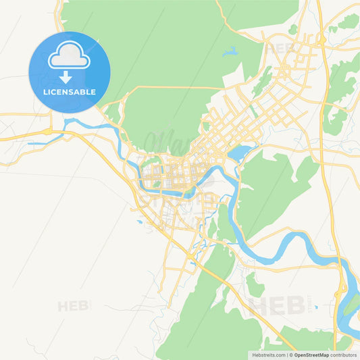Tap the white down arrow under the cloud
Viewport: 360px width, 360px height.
[x=66, y=76]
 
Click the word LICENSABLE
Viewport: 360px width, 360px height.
[x=69, y=92]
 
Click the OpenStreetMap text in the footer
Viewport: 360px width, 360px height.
[x=311, y=355]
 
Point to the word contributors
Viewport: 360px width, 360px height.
[x=344, y=355]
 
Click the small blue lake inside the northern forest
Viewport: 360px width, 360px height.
[x=230, y=51]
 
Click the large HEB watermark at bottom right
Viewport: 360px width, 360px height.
[x=277, y=306]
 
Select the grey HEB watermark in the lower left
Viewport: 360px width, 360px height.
[x=74, y=306]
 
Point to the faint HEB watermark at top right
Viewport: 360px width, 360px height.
[x=280, y=49]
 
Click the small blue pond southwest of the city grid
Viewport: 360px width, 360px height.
[x=139, y=221]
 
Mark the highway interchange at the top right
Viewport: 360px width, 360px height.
[x=321, y=38]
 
